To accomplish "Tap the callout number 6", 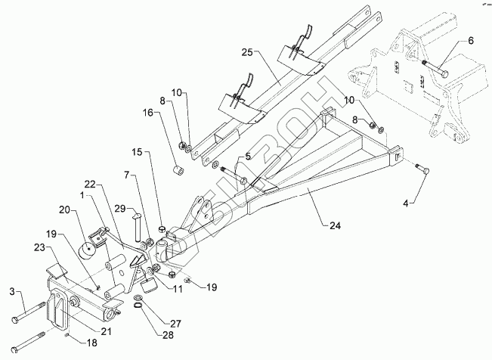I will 469,42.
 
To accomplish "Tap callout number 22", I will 89,185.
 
